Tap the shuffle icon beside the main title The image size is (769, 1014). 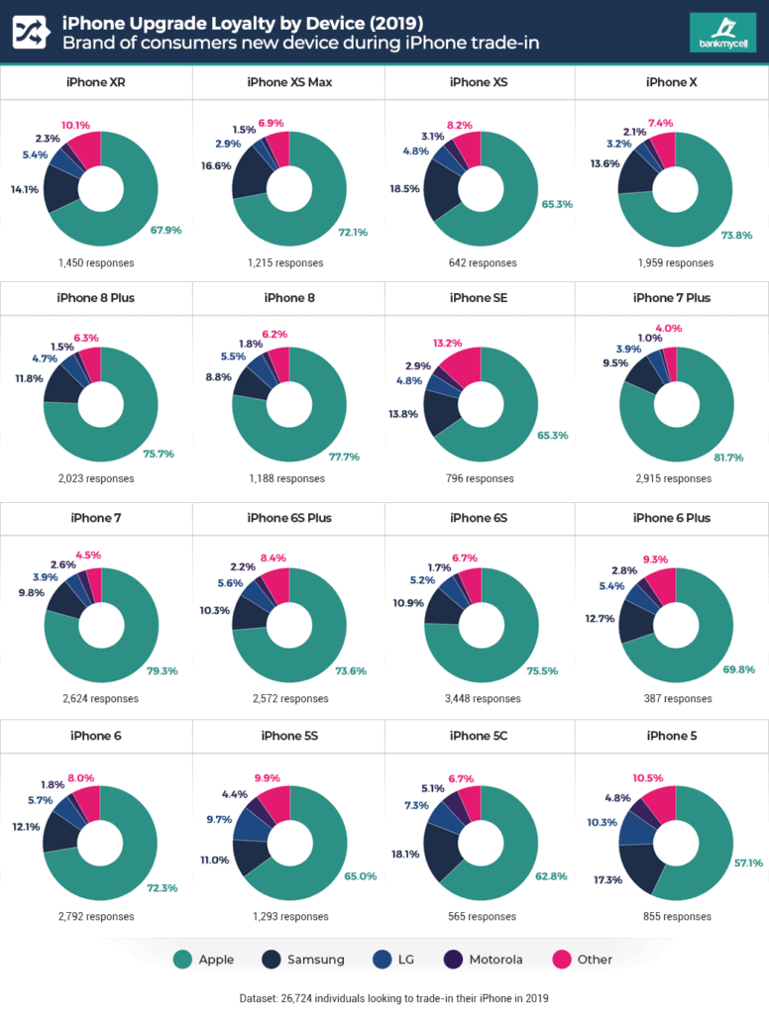[29, 33]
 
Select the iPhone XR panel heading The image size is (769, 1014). [96, 82]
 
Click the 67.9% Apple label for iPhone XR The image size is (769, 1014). [165, 229]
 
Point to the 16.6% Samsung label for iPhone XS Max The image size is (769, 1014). [215, 166]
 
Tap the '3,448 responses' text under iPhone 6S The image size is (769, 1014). [481, 698]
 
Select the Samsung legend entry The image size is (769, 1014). [305, 959]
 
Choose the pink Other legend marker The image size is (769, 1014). [562, 959]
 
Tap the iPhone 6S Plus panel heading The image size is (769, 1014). [288, 518]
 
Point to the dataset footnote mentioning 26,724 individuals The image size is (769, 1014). [384, 996]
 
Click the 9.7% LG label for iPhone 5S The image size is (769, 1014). [217, 820]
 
